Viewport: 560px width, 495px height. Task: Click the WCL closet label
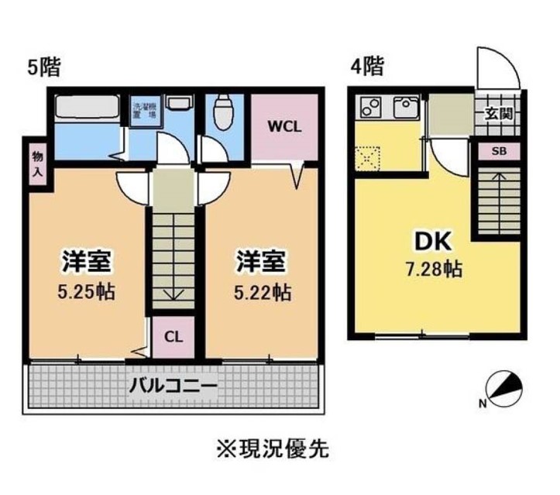pos(285,127)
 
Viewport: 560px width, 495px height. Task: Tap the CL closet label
pos(173,337)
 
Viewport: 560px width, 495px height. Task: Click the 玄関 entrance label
pos(497,114)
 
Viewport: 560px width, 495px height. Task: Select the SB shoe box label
pos(498,151)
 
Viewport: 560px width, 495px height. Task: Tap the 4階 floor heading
pos(366,67)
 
